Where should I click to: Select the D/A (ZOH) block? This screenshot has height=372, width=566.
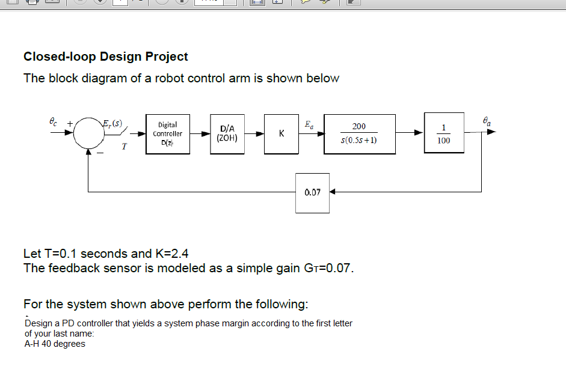[228, 133]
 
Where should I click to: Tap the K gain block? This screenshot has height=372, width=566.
[281, 133]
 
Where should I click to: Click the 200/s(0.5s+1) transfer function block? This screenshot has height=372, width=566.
[359, 133]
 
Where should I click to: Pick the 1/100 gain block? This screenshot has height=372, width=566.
[444, 133]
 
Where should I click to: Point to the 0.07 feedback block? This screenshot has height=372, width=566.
[312, 193]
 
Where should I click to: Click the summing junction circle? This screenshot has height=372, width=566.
[88, 134]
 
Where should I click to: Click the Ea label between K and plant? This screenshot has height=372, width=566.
[309, 126]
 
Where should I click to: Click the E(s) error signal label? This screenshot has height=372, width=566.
[112, 124]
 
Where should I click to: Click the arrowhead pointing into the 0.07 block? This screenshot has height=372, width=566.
[333, 192]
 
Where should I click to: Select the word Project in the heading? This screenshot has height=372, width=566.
[164, 56]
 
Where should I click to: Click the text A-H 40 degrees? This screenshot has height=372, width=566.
[55, 344]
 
